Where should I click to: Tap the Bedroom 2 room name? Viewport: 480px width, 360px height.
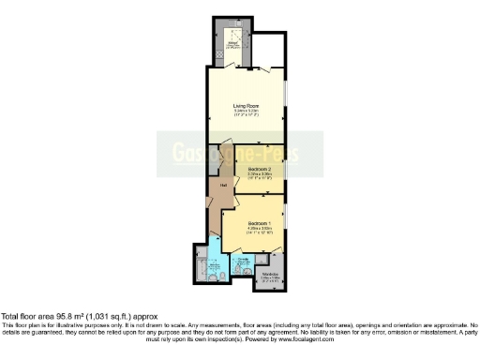click(x=247, y=169)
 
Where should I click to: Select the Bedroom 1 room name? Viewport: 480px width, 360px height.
click(x=247, y=222)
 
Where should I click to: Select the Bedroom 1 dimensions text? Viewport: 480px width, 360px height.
click(x=247, y=228)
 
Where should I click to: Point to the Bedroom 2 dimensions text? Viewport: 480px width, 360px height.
click(x=247, y=174)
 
